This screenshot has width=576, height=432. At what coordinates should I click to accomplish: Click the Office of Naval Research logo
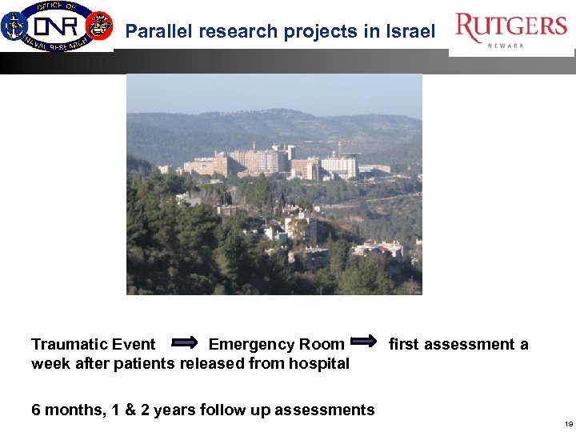(x=56, y=26)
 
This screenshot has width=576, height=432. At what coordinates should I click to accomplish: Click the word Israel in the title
(x=410, y=32)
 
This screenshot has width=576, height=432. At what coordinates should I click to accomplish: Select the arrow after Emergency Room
(x=364, y=342)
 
